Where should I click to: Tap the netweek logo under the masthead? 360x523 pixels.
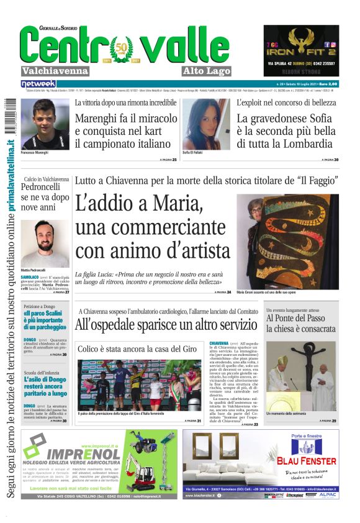pyautogui.click(x=38, y=83)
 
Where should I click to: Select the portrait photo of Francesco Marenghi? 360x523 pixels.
pyautogui.click(x=37, y=124)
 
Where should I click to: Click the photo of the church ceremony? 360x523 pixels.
pyautogui.click(x=301, y=376)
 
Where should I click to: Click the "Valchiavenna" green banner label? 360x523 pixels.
pyautogui.click(x=55, y=71)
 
